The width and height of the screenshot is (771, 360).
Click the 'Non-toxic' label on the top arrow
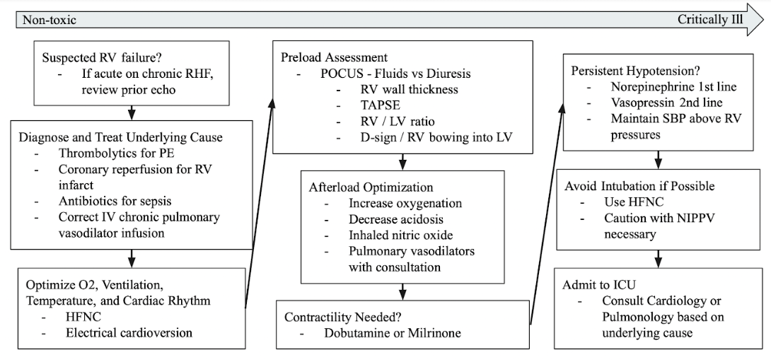50,21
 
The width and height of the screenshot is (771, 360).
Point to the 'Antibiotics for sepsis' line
115,201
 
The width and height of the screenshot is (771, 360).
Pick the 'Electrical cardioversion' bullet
129,332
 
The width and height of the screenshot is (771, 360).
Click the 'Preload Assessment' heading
335,57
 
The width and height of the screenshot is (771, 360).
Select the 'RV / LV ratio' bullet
398,121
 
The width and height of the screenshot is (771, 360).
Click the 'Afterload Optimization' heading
371,187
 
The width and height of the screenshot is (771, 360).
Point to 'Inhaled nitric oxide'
401,235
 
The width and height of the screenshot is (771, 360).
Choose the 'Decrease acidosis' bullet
396,219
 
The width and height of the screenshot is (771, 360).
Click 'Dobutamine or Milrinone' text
393,332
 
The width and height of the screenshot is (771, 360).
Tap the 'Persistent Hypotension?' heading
636,71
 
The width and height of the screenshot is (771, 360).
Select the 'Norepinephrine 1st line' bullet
673,86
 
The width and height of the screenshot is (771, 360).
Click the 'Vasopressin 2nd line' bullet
667,103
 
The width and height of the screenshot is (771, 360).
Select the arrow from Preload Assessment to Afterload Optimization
402,162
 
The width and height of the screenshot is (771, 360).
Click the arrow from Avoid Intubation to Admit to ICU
659,259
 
